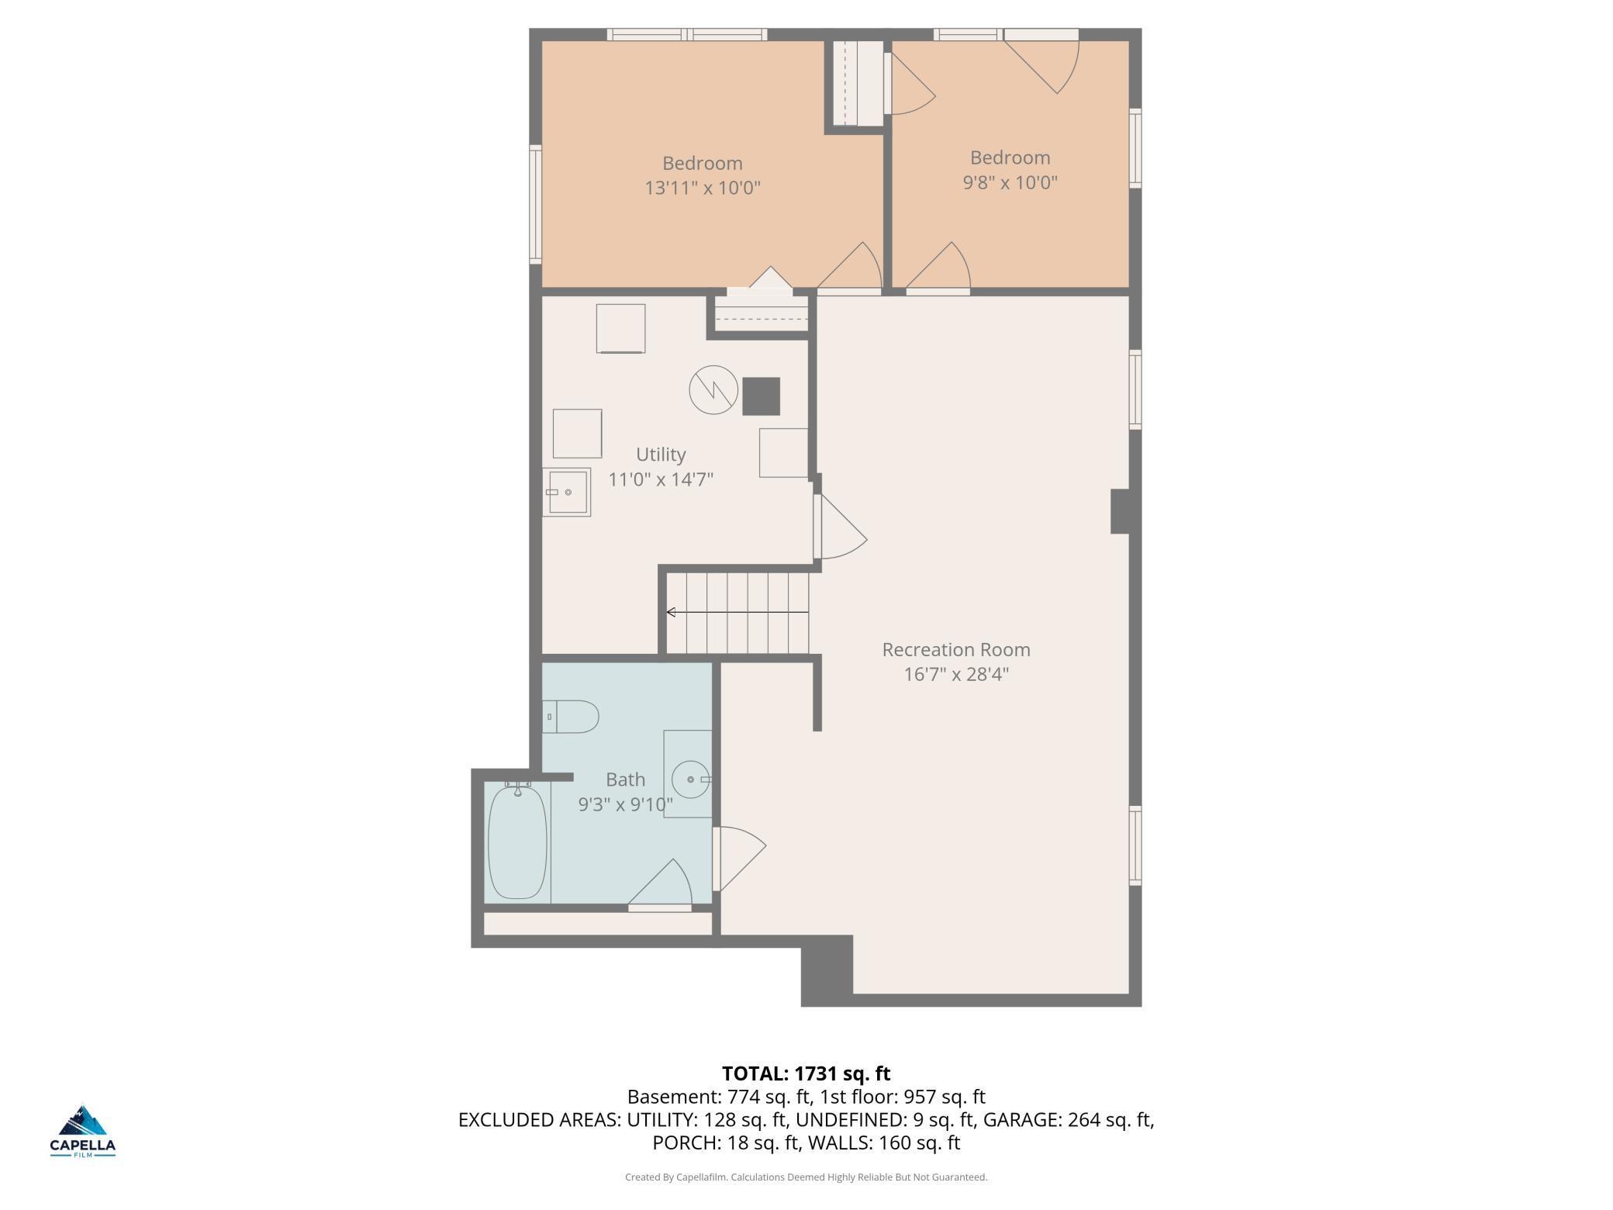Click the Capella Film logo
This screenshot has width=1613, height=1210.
83,1131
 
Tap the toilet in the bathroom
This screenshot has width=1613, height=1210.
570,717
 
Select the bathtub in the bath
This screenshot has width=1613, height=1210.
517,842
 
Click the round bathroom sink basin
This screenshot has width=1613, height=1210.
690,780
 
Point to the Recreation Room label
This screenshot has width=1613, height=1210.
956,649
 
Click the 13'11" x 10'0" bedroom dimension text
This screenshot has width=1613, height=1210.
703,188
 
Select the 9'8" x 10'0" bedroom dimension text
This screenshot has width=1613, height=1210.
1010,182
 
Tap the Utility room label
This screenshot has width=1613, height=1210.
661,455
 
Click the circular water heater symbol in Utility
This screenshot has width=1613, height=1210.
713,389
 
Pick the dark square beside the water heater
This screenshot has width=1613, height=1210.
761,396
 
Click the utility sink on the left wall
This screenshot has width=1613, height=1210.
566,493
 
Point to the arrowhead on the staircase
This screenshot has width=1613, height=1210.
671,613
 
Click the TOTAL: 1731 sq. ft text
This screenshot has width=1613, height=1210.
806,1073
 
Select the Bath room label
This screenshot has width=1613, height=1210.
625,780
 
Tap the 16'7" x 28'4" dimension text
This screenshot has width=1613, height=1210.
956,674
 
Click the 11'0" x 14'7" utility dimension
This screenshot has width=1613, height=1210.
661,479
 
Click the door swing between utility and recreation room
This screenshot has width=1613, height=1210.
841,527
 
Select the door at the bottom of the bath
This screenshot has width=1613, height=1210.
660,884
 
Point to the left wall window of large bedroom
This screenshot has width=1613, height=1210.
535,204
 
